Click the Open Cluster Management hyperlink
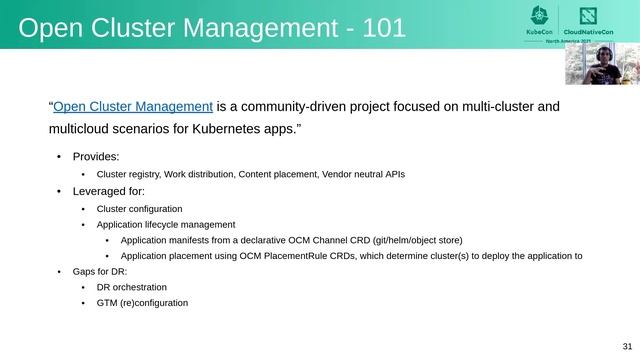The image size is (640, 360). pos(132,107)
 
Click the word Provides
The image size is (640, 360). pos(96,156)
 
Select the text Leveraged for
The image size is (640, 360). pos(109,191)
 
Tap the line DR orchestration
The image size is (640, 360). pos(132,287)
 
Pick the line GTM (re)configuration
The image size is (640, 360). pos(142,303)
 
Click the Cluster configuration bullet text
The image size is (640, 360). pos(139,209)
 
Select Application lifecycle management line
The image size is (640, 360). pos(166,225)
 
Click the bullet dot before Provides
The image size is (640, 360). pos(59,157)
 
